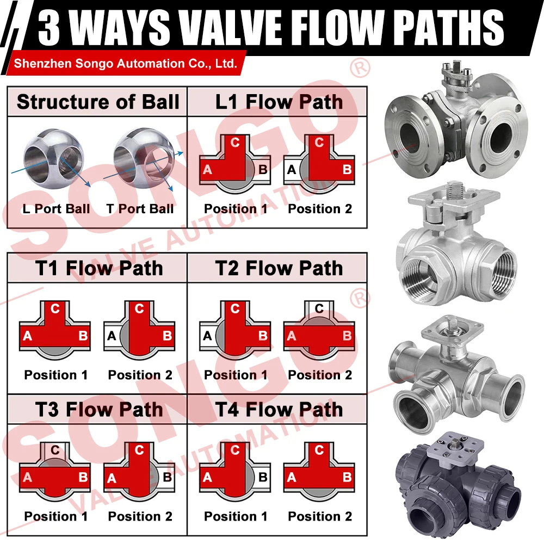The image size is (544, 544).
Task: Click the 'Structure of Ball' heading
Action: (98, 102)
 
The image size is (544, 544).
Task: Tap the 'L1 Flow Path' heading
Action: (279, 102)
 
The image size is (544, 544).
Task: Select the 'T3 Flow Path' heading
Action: (99, 410)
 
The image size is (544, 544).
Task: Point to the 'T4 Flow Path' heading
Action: (279, 410)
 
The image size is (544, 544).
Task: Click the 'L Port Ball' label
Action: (56, 209)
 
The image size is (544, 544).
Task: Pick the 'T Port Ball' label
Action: (140, 209)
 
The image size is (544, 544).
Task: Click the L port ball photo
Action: (53, 159)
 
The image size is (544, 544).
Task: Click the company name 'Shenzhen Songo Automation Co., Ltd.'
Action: (125, 64)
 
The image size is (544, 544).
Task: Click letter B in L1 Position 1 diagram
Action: (263, 170)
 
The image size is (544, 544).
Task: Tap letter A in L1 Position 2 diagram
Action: (292, 170)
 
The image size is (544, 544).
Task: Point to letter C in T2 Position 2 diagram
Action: (319, 308)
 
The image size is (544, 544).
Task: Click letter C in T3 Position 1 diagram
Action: (55, 450)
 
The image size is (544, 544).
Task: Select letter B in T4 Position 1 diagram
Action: (263, 478)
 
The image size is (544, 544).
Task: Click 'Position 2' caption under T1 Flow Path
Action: (140, 375)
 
